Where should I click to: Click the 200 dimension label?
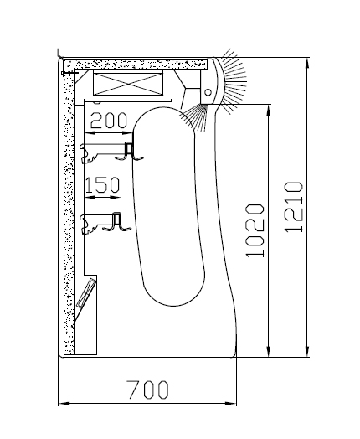click(x=109, y=121)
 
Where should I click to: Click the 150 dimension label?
click(x=102, y=185)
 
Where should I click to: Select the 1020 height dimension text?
click(x=255, y=230)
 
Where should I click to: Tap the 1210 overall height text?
click(x=293, y=207)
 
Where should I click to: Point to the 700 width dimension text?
click(x=147, y=390)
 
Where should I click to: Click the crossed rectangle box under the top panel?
click(x=128, y=84)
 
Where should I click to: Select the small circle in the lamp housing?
click(x=208, y=92)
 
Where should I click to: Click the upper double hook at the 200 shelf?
click(x=130, y=152)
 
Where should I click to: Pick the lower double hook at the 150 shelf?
click(x=117, y=222)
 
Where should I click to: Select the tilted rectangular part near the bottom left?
click(x=86, y=292)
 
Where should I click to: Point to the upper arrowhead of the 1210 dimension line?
click(x=307, y=64)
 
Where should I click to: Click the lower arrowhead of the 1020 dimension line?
click(x=269, y=351)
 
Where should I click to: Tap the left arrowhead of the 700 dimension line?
click(x=64, y=404)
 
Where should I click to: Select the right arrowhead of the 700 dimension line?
click(x=231, y=404)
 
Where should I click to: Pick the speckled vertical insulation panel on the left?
click(x=69, y=211)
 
